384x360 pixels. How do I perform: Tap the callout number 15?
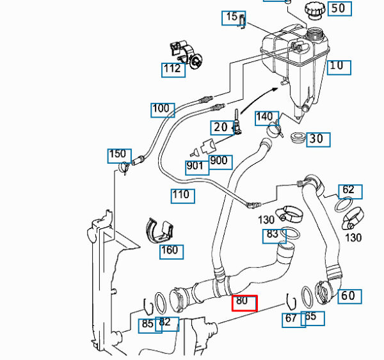click(x=232, y=17)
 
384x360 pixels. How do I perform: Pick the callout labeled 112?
click(x=172, y=68)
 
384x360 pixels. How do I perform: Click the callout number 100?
click(x=161, y=109)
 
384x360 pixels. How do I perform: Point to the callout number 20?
click(x=220, y=127)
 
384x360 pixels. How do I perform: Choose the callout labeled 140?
click(x=264, y=117)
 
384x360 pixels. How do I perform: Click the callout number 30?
click(x=316, y=139)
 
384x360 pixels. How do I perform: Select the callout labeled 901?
click(x=195, y=167)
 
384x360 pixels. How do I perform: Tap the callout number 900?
click(x=219, y=160)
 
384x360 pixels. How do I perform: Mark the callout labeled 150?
click(x=117, y=154)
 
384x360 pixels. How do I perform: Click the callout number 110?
click(x=182, y=194)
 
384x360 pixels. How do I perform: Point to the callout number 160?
click(x=170, y=250)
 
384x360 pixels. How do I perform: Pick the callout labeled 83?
click(x=273, y=235)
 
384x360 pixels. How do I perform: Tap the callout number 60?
click(x=347, y=296)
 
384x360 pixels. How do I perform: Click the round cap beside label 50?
click(x=314, y=11)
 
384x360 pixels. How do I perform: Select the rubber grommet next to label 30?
click(x=297, y=137)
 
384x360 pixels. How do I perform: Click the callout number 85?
click(x=148, y=324)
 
